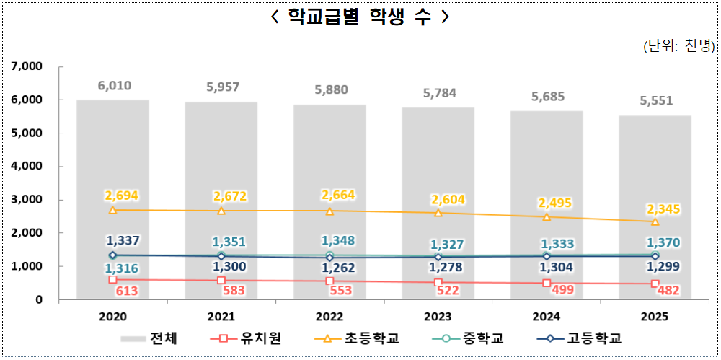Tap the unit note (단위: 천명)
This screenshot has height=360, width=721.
[678, 47]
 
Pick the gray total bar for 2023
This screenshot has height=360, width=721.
[438, 202]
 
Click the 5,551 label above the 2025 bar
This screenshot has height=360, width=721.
[655, 100]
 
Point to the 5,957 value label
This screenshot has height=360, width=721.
[222, 87]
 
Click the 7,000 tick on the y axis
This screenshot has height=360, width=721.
[28, 66]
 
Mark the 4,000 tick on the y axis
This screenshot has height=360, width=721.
[28, 166]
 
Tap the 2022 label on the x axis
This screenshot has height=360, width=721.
[329, 317]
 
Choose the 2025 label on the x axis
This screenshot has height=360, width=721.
[655, 317]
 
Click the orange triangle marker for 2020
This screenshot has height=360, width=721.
[113, 210]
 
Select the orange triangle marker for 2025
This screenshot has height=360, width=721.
[655, 221]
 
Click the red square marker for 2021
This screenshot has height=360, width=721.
[221, 280]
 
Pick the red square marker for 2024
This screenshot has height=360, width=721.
[547, 283]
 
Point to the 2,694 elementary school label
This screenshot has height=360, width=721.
[121, 196]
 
